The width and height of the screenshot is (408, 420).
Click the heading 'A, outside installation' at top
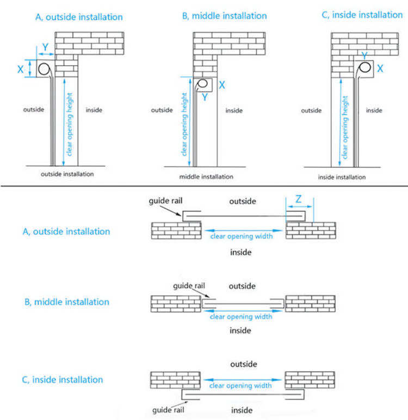pyautogui.click(x=79, y=17)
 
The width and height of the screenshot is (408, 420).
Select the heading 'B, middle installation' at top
pyautogui.click(x=224, y=16)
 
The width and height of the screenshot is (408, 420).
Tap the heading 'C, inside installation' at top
pyautogui.click(x=362, y=15)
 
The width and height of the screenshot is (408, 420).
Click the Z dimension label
pyautogui.click(x=299, y=199)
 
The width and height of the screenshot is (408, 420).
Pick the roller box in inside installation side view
pyautogui.click(x=363, y=67)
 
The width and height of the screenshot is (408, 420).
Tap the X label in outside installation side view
pyautogui.click(x=21, y=70)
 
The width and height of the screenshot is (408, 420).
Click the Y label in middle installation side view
pyautogui.click(x=204, y=98)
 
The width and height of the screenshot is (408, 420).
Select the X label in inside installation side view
pyautogui.click(x=380, y=68)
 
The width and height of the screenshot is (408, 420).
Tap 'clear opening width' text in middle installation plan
pyautogui.click(x=241, y=316)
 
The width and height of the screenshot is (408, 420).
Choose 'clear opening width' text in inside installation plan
pyautogui.click(x=240, y=385)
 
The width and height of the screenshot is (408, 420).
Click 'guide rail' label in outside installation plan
pyautogui.click(x=163, y=201)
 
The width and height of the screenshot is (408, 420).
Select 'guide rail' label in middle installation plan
pyautogui.click(x=189, y=286)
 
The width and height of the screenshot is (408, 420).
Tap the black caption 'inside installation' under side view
pyautogui.click(x=342, y=177)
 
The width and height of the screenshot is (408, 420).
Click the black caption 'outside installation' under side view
pyautogui.click(x=67, y=174)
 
